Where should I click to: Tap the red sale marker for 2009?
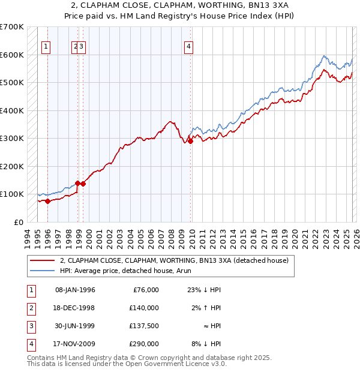190,142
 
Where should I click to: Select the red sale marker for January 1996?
47,201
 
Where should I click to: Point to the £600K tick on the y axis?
12,55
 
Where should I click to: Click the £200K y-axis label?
12,166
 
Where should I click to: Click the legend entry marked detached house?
174,260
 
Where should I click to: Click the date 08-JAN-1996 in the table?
75,290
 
